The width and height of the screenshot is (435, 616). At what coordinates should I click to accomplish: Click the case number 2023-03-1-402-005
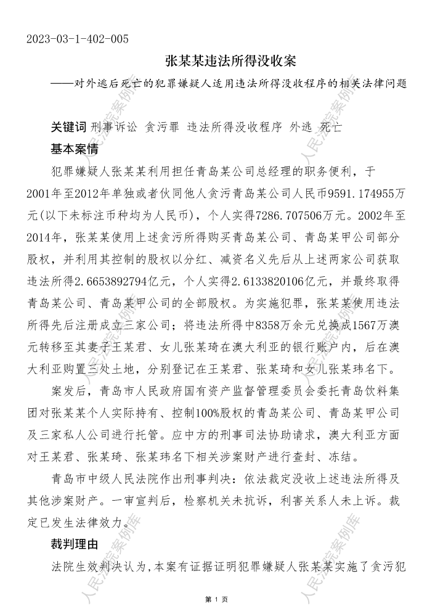(x=78, y=40)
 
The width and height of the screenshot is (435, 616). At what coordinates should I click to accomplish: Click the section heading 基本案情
(x=77, y=149)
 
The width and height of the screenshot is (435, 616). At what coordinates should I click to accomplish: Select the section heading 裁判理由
(x=77, y=544)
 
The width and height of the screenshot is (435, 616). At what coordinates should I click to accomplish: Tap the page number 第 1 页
(x=217, y=600)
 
